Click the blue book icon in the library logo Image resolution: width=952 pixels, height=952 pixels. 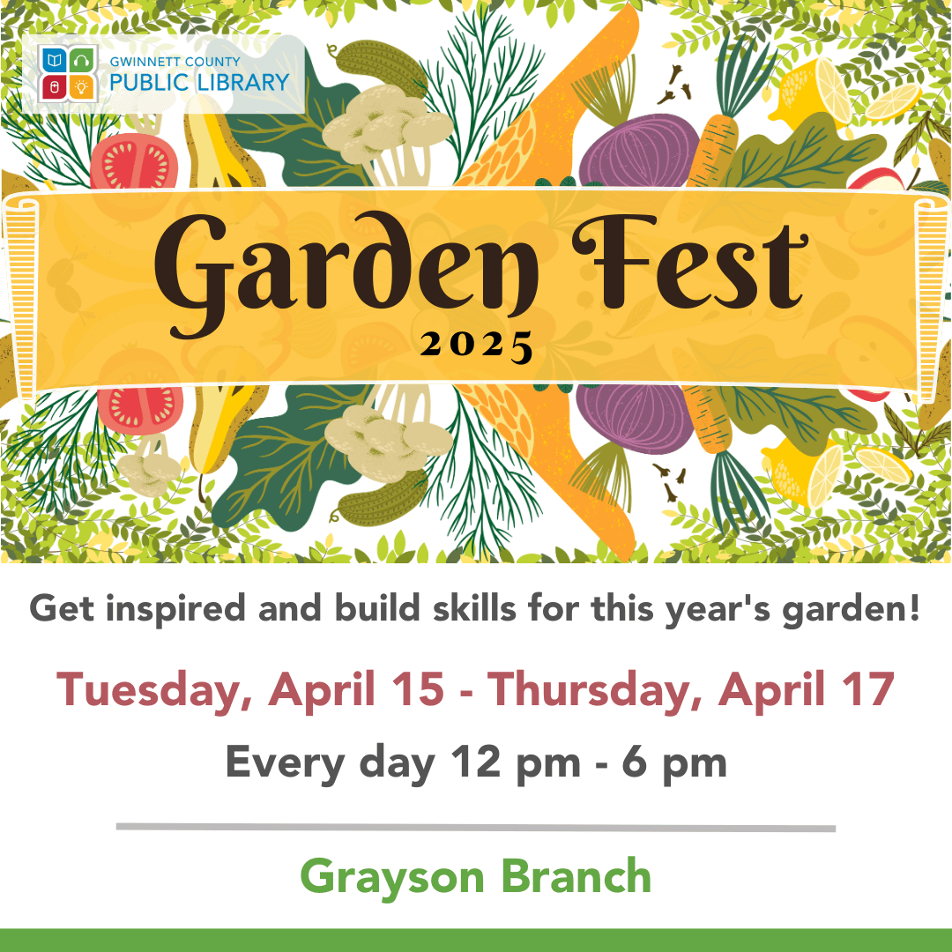(x=54, y=61)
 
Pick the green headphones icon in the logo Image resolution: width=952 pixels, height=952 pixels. (x=81, y=61)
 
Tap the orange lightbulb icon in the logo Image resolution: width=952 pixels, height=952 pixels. (x=81, y=87)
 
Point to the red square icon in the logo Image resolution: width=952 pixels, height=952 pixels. (x=54, y=87)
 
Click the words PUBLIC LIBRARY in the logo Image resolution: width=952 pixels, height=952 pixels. (x=200, y=82)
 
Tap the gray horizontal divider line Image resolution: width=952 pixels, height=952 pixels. (x=476, y=828)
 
